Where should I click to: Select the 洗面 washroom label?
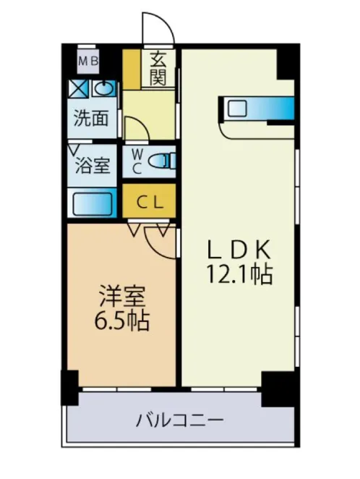91,118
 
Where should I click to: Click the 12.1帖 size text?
239,274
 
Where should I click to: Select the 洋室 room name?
121,297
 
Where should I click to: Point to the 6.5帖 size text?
121,321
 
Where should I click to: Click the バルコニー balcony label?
179,420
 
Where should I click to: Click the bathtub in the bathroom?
92,202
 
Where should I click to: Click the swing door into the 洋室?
163,242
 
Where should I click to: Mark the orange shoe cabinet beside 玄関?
132,69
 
